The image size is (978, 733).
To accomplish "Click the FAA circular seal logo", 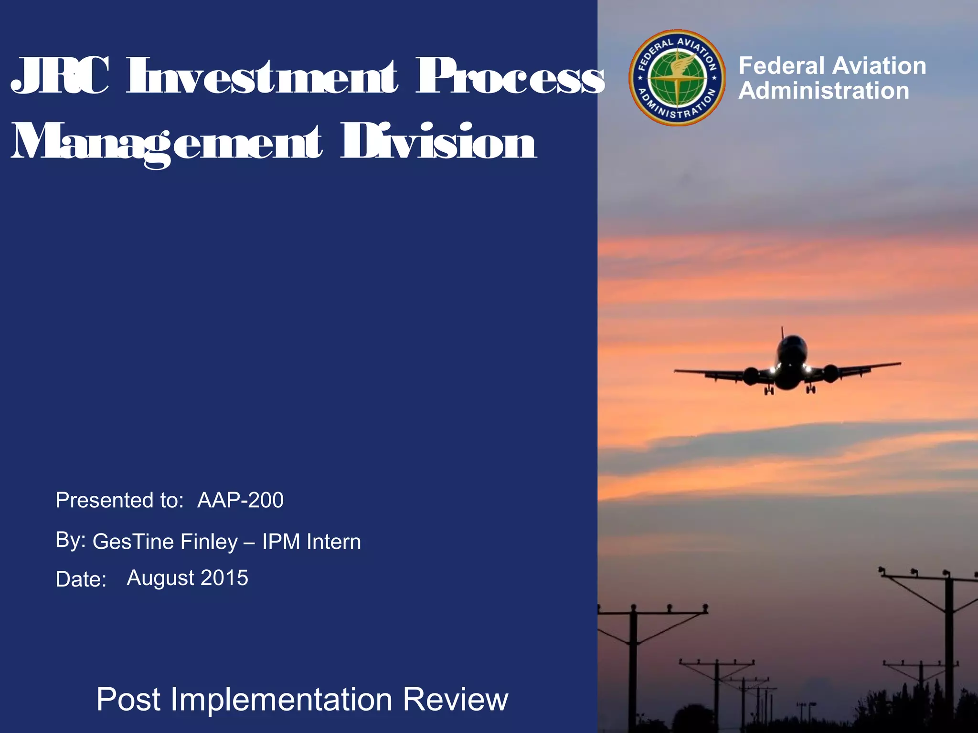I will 677,78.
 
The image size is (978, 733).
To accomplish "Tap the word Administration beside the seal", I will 824,91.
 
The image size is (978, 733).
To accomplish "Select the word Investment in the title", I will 262,76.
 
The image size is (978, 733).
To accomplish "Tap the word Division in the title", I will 438,142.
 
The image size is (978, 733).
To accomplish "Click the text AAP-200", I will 240,500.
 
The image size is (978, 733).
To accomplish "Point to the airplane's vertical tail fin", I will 782,333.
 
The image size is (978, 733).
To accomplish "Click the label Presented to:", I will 119,500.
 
